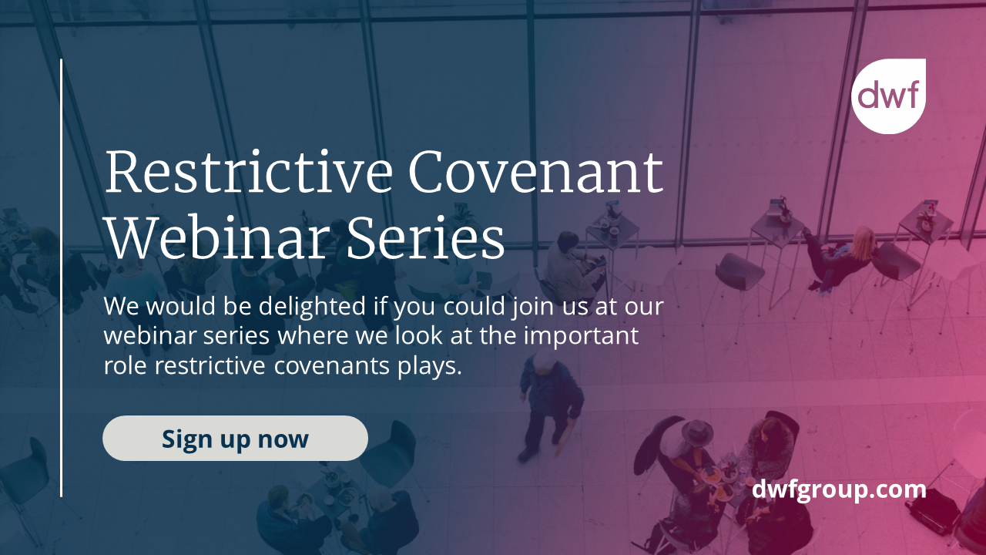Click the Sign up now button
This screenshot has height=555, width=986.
point(235,439)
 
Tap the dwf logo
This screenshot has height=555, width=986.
point(888,96)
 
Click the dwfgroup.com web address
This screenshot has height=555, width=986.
point(838,489)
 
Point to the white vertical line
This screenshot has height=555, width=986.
point(62,277)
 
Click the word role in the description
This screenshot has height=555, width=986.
point(126,366)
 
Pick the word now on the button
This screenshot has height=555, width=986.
point(283,439)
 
